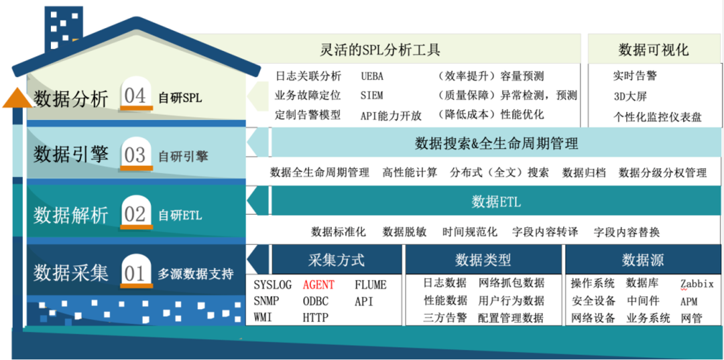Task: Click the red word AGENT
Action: click(318, 284)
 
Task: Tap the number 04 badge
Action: click(135, 96)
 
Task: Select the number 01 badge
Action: click(135, 273)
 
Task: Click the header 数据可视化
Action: click(653, 50)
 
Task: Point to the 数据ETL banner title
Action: click(495, 201)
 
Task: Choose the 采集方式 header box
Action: click(336, 259)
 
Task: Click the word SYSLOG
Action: click(273, 284)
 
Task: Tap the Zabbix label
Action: click(697, 284)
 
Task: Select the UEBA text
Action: click(372, 76)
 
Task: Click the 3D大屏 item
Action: click(629, 96)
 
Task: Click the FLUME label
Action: click(371, 284)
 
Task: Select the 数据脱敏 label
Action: click(404, 232)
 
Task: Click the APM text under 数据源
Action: click(689, 302)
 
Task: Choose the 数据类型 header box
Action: click(483, 259)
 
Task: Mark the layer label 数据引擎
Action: click(70, 155)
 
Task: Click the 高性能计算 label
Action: click(410, 172)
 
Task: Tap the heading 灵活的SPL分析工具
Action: click(380, 50)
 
